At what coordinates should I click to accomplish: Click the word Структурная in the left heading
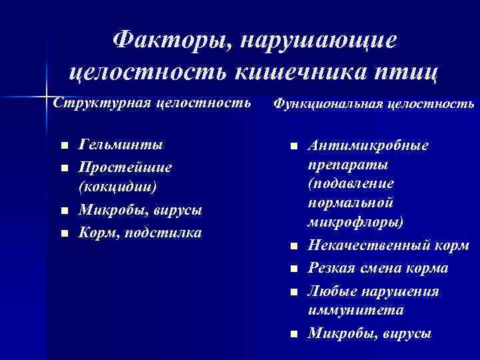pyautogui.click(x=101, y=103)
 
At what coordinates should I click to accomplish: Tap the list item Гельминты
pyautogui.click(x=120, y=145)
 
